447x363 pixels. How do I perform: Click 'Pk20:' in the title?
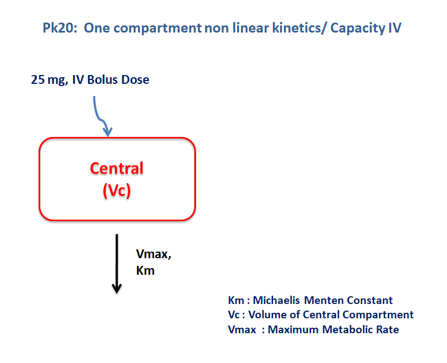(60, 28)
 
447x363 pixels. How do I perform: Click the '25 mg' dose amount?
(50, 80)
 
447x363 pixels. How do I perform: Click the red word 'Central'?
(117, 168)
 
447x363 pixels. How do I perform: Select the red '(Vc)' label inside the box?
(117, 190)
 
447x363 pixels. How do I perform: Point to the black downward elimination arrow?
(117, 263)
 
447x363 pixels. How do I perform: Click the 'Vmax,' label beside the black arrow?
(154, 254)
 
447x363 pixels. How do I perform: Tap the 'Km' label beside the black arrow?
(145, 270)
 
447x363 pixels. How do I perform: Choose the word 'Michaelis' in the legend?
(276, 300)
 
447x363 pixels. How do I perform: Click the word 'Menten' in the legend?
(324, 300)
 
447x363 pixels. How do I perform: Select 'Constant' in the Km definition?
(370, 300)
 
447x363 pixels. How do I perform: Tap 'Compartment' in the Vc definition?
(378, 315)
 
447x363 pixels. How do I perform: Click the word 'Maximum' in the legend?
(293, 329)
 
